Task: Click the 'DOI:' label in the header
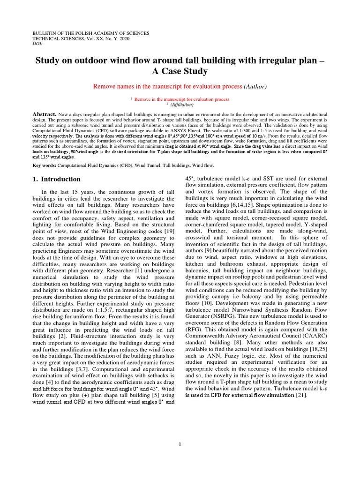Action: click(x=37, y=44)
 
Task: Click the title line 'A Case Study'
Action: click(x=180, y=71)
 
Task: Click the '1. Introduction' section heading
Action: click(x=56, y=179)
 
